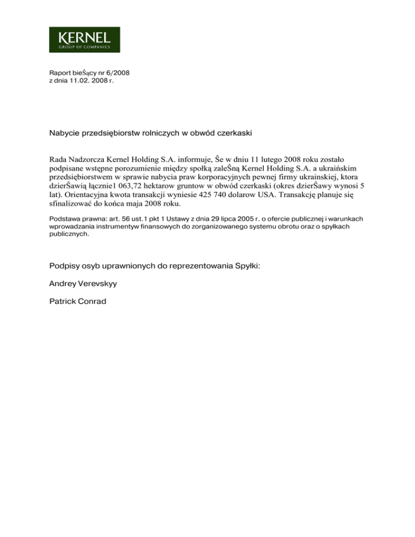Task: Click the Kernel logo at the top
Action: [x=84, y=39]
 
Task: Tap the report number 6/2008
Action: [x=117, y=72]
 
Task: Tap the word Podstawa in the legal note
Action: [x=65, y=219]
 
